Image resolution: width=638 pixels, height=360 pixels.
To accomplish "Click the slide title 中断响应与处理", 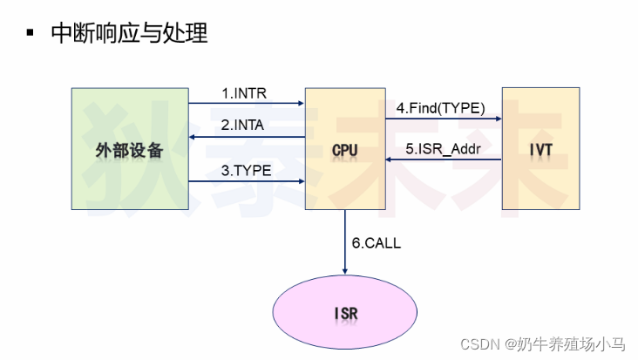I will click(130, 34).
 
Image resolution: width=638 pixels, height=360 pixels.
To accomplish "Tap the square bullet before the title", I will click(30, 35).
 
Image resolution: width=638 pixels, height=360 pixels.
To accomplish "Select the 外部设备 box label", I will click(129, 150).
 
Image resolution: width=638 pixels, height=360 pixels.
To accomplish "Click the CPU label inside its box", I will click(345, 151).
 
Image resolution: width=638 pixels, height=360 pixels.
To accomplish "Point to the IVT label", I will click(541, 151).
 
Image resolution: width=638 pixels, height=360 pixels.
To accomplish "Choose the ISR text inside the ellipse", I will click(346, 312).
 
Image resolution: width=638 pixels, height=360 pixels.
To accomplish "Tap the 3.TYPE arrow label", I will click(247, 171).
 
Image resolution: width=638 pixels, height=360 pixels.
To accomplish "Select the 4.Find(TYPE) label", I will click(440, 109).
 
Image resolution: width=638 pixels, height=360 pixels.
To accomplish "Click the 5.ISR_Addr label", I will click(443, 149).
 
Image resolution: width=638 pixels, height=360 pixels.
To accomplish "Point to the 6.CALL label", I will click(377, 243).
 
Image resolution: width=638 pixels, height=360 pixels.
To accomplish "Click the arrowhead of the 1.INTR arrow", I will click(301, 103).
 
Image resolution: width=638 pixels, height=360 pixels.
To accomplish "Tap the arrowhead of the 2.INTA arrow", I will click(193, 137).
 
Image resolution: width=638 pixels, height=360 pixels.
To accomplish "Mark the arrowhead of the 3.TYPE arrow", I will click(301, 181).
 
